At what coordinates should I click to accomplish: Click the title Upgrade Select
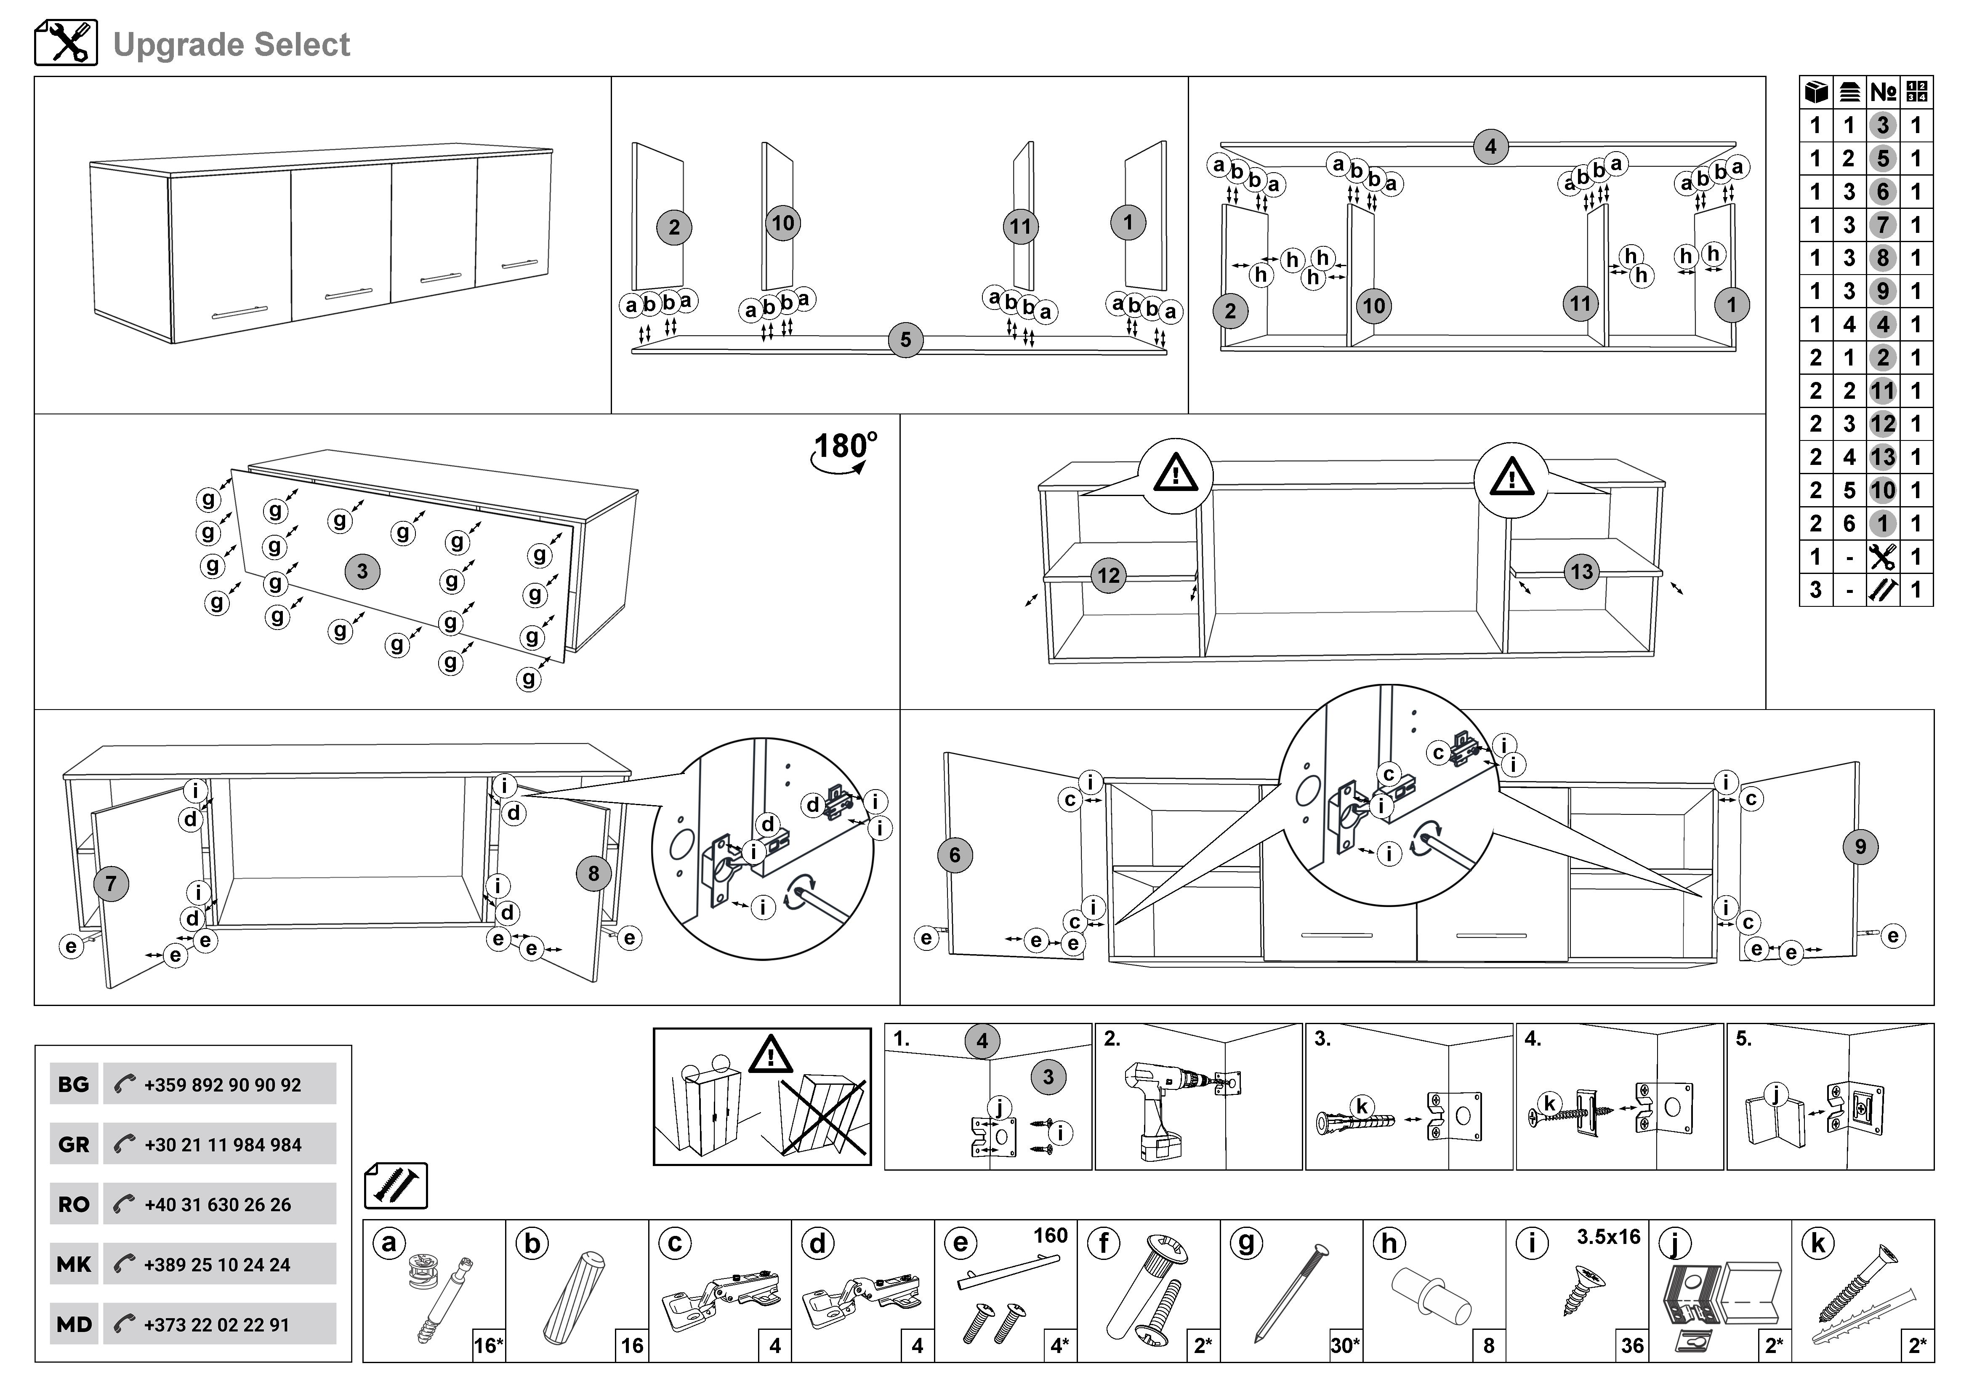coord(231,45)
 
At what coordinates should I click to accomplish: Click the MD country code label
coord(74,1324)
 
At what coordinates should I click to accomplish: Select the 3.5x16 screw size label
coord(1608,1237)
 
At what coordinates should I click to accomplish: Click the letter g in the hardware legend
coord(1246,1243)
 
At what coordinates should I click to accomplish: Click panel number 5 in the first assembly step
coord(906,340)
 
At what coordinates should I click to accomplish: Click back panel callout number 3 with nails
coord(362,571)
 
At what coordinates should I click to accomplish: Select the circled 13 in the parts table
coord(1882,457)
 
